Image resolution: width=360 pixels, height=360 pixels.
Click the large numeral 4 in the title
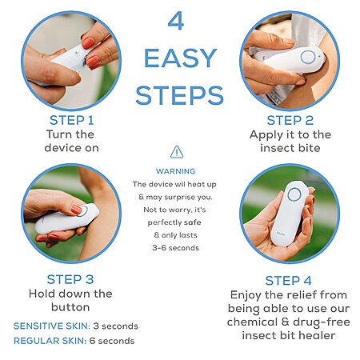176,22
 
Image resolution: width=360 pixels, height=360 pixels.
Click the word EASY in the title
180,58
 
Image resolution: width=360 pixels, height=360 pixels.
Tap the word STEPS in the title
179,95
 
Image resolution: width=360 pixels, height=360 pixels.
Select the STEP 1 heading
72,120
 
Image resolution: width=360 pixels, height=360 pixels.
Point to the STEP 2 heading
290,120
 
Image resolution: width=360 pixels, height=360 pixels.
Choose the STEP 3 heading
70,279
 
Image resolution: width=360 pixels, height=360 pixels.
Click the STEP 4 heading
288,281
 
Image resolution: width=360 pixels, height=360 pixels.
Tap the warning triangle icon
177,152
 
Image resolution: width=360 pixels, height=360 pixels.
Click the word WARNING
176,171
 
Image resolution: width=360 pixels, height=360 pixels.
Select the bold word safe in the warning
193,222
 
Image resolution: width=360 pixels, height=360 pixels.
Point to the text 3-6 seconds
176,248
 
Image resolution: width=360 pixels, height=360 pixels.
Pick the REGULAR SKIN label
50,341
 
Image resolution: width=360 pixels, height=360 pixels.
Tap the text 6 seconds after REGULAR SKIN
112,341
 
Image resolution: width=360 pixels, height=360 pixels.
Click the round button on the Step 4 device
294,194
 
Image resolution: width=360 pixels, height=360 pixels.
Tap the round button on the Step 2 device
308,57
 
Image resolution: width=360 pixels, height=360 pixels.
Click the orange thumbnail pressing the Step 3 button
76,210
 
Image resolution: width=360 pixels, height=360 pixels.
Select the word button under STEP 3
70,307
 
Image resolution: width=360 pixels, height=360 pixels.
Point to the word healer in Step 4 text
320,335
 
